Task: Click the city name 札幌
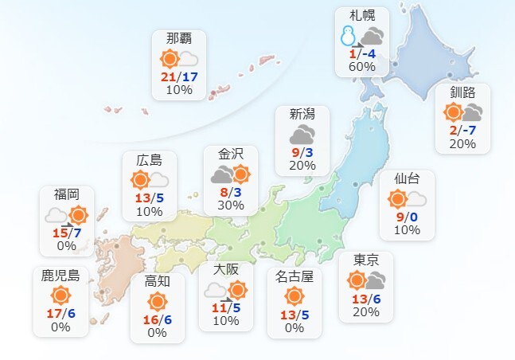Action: [x=362, y=16]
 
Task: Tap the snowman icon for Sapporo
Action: [x=347, y=36]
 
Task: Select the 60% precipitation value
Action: [x=361, y=67]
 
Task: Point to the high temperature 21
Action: [x=168, y=76]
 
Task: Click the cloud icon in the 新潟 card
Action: [x=302, y=134]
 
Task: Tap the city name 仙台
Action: [x=407, y=178]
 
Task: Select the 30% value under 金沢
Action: [x=230, y=205]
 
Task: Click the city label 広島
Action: [x=149, y=160]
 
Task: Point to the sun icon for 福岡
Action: [x=78, y=214]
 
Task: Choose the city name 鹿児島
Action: [x=60, y=276]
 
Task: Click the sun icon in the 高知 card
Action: [x=157, y=301]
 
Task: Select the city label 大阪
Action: [x=226, y=268]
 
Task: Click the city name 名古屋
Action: [x=295, y=277]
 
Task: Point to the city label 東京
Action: [x=366, y=260]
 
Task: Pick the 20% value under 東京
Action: [x=366, y=311]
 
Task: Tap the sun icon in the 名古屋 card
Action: [x=295, y=297]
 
